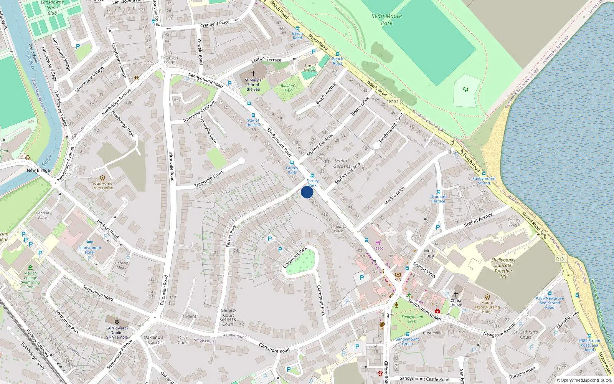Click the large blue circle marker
[x=307, y=192]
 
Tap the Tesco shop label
[x=378, y=248]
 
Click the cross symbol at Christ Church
[x=456, y=295]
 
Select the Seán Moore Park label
[x=386, y=19]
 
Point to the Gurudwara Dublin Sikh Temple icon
[x=117, y=322]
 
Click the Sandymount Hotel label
[x=90, y=250]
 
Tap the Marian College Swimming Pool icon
[x=30, y=268]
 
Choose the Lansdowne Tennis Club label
[x=52, y=8]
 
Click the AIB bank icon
[x=398, y=275]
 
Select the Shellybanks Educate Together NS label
[x=503, y=268]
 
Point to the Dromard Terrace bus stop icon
[x=438, y=192]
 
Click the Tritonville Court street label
[x=208, y=179]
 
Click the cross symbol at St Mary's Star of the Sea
[x=253, y=73]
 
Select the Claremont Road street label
[x=274, y=348]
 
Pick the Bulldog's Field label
[x=288, y=88]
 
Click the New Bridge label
[x=38, y=170]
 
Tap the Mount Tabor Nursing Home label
[x=487, y=307]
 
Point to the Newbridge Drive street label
[x=123, y=124]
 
